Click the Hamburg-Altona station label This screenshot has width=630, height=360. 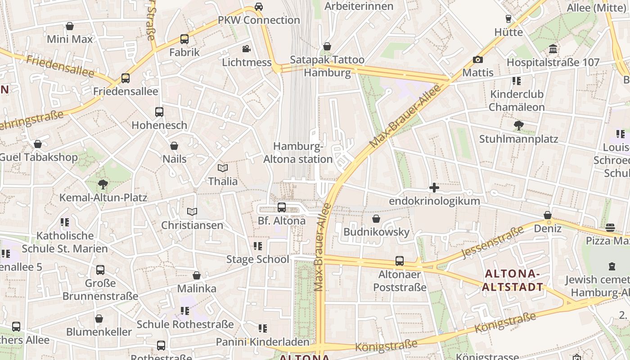point(298,153)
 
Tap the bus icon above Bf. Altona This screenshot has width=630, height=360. point(282,207)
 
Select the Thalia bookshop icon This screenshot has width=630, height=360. point(223,168)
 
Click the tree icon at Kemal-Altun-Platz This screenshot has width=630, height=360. point(103,184)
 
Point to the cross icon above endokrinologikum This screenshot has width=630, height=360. point(434,188)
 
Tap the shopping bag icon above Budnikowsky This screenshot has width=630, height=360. point(376,219)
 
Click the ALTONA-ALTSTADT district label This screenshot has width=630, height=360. point(513,280)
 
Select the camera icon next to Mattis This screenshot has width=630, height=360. point(478,59)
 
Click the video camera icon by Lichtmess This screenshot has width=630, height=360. point(246,49)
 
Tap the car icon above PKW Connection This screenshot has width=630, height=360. point(259,7)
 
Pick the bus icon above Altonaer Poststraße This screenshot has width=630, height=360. point(400,261)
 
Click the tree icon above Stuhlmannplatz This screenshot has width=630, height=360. point(518,126)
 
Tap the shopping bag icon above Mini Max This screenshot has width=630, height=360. point(70,26)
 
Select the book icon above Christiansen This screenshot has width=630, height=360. point(192,211)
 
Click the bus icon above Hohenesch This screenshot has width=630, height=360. point(159,112)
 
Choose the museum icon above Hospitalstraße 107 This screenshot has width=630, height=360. point(553,49)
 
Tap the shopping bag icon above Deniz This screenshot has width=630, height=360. point(548,216)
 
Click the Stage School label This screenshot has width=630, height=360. point(257,259)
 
